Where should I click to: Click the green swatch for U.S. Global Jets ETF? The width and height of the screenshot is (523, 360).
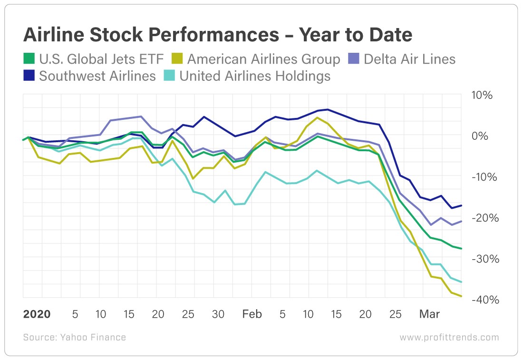[x=29, y=59]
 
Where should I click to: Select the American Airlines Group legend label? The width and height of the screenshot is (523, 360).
[x=264, y=59]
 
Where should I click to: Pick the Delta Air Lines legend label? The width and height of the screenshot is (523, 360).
[x=409, y=59]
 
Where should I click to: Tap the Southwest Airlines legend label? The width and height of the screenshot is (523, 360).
[x=97, y=76]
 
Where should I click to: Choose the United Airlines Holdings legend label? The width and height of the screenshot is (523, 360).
[x=255, y=76]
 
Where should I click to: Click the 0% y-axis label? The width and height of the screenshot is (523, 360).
[x=481, y=136]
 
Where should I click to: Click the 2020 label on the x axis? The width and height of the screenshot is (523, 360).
[x=37, y=314]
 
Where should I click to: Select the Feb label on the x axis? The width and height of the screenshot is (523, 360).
[x=252, y=314]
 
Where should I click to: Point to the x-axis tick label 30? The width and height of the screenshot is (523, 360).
[x=218, y=314]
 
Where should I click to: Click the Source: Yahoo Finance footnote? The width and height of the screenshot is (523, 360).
[x=75, y=338]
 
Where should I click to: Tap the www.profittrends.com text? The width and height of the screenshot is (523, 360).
[x=449, y=338]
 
